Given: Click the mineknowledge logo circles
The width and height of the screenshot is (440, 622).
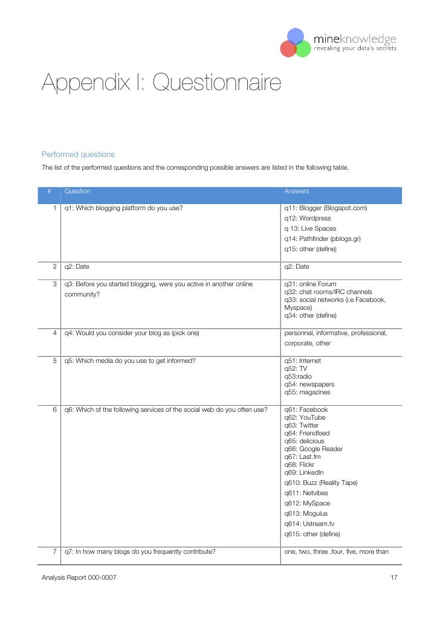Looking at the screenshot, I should (x=296, y=43).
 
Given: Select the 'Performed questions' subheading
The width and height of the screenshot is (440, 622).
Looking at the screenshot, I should (x=78, y=155).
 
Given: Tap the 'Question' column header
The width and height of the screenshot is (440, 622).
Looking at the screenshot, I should (x=77, y=191).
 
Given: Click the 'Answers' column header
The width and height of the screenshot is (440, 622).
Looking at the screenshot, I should (x=297, y=191).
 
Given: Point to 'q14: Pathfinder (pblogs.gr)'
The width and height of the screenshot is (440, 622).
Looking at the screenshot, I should (x=322, y=239).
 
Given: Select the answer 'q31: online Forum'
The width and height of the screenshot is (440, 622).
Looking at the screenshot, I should (x=310, y=284).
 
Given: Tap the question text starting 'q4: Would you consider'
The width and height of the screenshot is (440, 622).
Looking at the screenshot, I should (x=132, y=333).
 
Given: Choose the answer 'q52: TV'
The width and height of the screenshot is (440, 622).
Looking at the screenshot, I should (x=296, y=368).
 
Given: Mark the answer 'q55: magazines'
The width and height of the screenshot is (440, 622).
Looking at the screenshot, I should (x=307, y=392).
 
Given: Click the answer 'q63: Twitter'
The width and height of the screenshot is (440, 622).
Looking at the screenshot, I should (x=301, y=425).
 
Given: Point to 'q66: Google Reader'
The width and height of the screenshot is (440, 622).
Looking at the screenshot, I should (x=313, y=449).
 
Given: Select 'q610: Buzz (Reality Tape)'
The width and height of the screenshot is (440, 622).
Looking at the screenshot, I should (x=321, y=483).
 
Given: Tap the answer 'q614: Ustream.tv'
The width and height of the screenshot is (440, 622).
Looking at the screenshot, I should (x=309, y=524).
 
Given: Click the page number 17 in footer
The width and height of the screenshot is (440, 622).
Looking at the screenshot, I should (x=394, y=578).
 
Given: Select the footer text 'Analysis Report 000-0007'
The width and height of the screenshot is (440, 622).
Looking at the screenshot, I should (x=79, y=578).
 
